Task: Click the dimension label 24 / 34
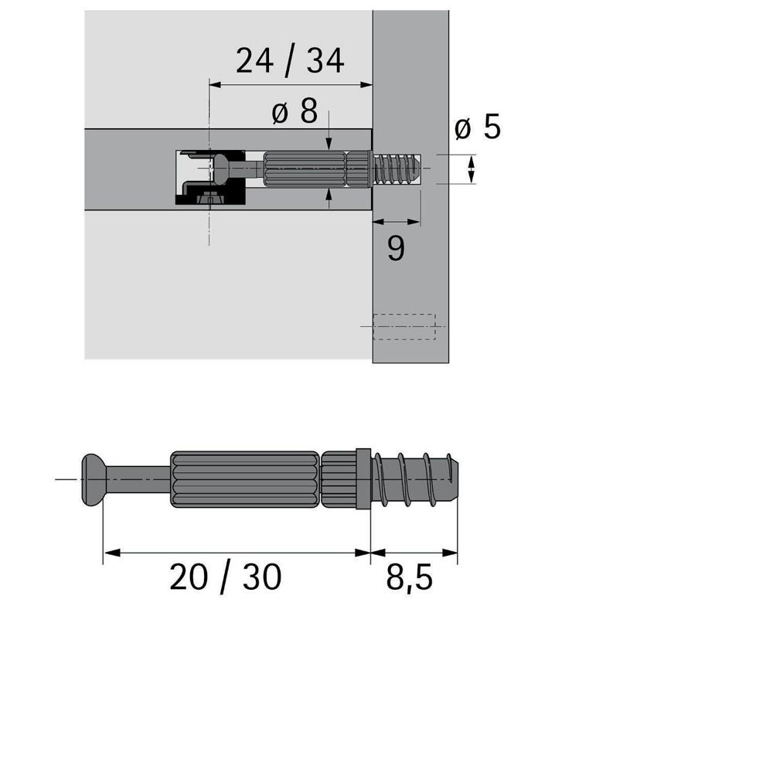coord(290,61)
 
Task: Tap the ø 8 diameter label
coord(295,111)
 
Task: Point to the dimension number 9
coord(396,248)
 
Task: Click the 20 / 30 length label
coord(225,577)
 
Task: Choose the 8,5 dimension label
coord(409,577)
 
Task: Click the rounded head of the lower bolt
coord(94,480)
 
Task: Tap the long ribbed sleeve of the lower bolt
coord(244,479)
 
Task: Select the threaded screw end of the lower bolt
coord(415,479)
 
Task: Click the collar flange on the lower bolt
coord(363,479)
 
